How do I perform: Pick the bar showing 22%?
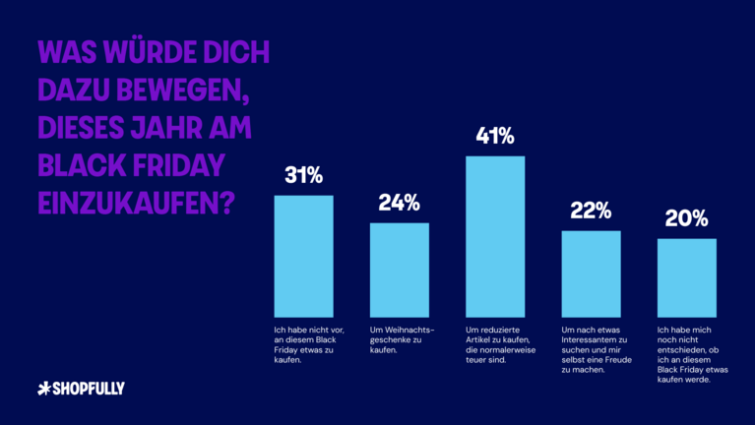(x=591, y=272)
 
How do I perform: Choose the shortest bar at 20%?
(x=686, y=275)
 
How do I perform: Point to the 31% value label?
(x=303, y=176)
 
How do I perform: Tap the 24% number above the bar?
(x=399, y=204)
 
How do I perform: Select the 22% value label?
(x=591, y=211)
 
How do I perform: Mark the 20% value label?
(x=686, y=218)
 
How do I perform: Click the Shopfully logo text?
(x=88, y=389)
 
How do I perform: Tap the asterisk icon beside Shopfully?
(x=42, y=389)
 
